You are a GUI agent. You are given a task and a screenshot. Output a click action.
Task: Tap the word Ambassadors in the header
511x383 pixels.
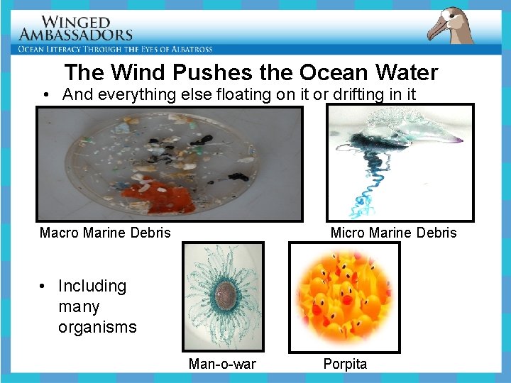pyautogui.click(x=76, y=34)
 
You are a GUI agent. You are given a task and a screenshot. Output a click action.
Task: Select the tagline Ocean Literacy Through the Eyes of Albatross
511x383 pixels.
pyautogui.click(x=116, y=49)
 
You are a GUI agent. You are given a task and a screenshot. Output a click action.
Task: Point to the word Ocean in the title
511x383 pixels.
pyautogui.click(x=331, y=72)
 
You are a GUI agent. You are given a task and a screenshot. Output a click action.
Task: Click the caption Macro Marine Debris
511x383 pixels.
pyautogui.click(x=105, y=233)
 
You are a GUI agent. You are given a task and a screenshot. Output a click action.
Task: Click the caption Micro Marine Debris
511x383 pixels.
pyautogui.click(x=393, y=233)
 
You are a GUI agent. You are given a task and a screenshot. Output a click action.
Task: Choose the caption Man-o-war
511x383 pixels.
pyautogui.click(x=222, y=364)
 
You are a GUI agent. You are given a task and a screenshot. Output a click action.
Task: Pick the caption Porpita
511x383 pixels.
pyautogui.click(x=345, y=364)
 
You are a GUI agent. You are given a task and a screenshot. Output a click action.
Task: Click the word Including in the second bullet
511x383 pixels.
pyautogui.click(x=92, y=286)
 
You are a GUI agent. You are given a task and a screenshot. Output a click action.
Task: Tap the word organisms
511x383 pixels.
pyautogui.click(x=97, y=327)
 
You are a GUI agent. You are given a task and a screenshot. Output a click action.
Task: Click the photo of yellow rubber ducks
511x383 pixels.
pyautogui.click(x=344, y=296)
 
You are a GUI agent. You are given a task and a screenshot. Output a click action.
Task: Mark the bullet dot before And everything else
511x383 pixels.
pyautogui.click(x=45, y=95)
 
